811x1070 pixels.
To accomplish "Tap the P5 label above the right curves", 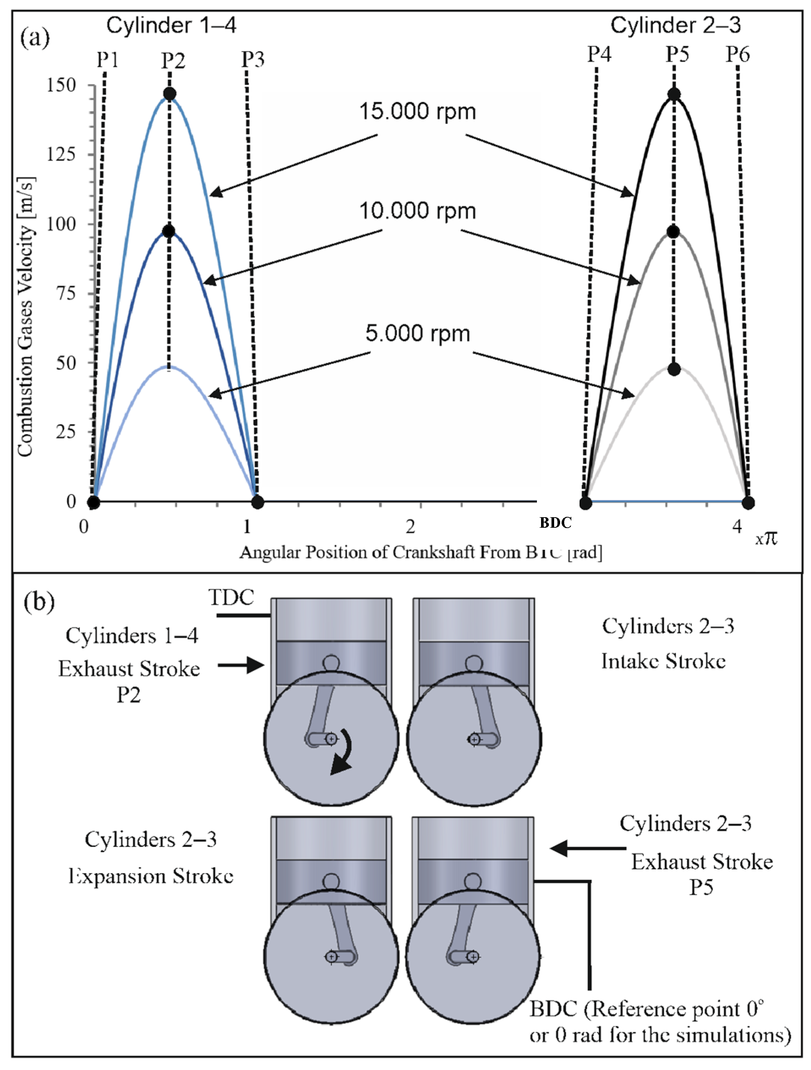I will pyautogui.click(x=677, y=54).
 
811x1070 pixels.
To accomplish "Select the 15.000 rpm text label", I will pyautogui.click(x=417, y=111).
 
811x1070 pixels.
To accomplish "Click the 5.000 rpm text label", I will pyautogui.click(x=417, y=333).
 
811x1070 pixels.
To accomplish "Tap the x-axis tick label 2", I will pyautogui.click(x=410, y=526).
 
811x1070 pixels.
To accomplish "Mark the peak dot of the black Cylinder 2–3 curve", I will pyautogui.click(x=674, y=94).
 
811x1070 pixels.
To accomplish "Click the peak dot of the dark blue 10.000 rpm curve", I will pyautogui.click(x=168, y=231).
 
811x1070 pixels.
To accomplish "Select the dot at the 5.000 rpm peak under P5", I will pyautogui.click(x=674, y=369).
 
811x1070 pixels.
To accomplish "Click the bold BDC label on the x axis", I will pyautogui.click(x=555, y=522).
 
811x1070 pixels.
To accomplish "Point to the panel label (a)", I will pyautogui.click(x=35, y=38).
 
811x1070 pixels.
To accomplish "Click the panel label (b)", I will pyautogui.click(x=39, y=602).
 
